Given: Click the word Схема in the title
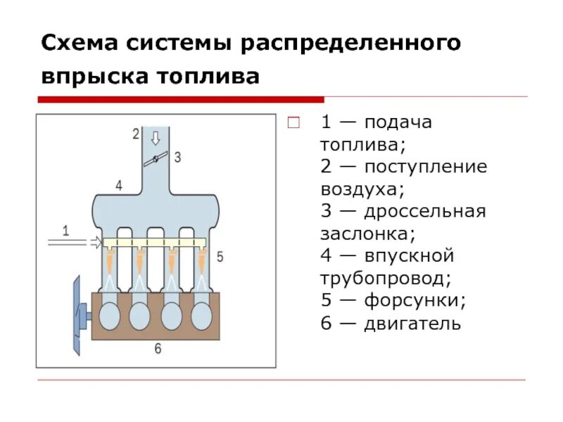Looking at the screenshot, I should pyautogui.click(x=78, y=44).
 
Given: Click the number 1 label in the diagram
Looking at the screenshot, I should pyautogui.click(x=66, y=229).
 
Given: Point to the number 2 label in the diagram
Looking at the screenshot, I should pyautogui.click(x=136, y=134).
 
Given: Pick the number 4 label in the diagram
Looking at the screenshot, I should pyautogui.click(x=119, y=185).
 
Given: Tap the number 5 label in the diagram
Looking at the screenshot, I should pyautogui.click(x=220, y=257).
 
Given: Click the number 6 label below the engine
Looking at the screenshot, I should pyautogui.click(x=158, y=347).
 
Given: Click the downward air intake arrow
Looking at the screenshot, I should pyautogui.click(x=156, y=136).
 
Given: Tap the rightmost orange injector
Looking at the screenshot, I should pyautogui.click(x=203, y=263).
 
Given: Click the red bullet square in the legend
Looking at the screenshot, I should pyautogui.click(x=295, y=122).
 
